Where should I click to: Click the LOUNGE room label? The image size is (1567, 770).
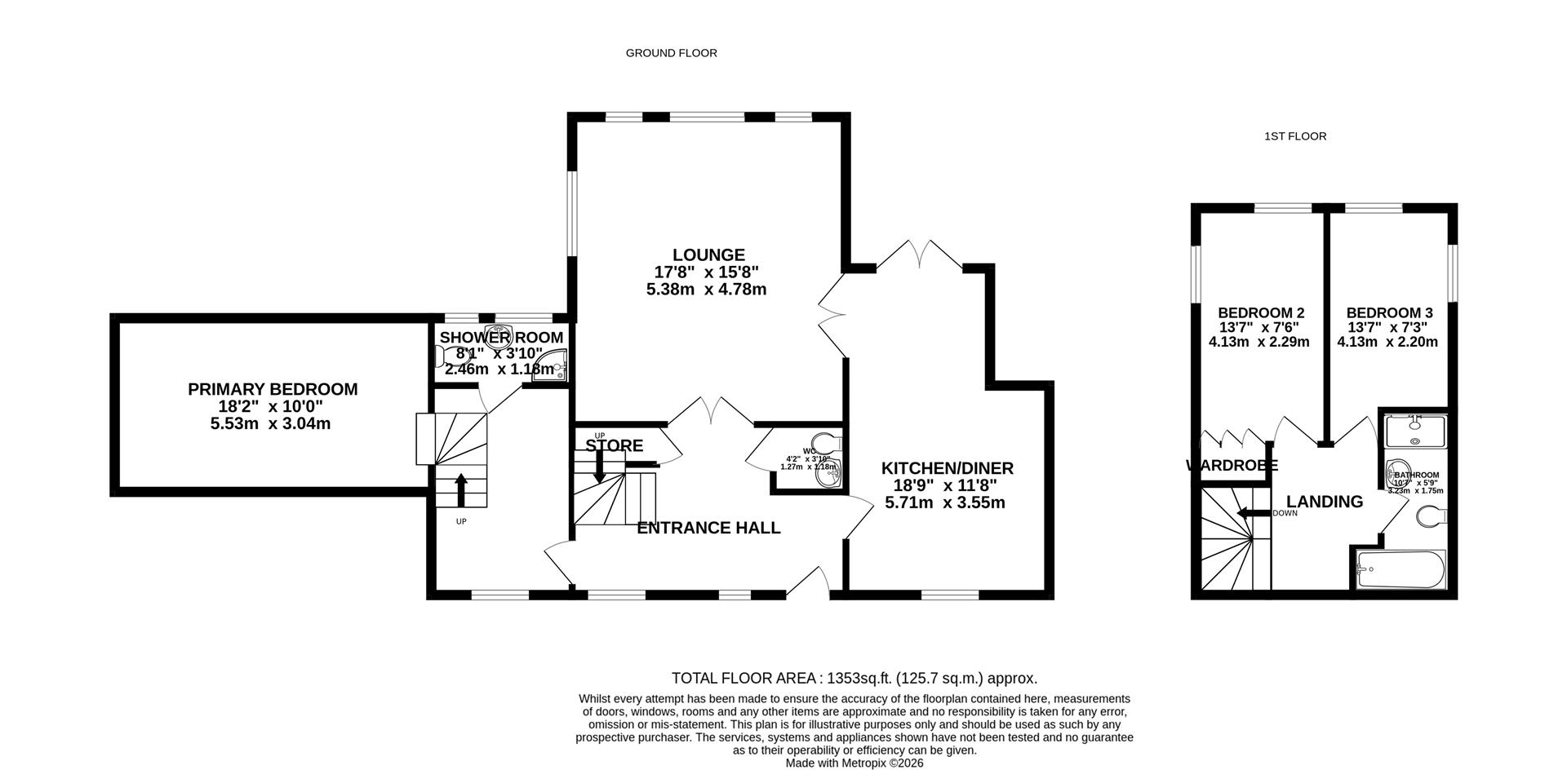708,255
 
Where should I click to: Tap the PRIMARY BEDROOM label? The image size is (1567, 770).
273,390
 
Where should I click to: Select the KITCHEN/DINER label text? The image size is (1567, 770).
947,468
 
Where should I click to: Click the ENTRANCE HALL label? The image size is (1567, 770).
708,528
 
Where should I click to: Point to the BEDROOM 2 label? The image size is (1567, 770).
1260,313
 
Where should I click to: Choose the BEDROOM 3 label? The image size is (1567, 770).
1389,313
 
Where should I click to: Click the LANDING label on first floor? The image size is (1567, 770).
1324,502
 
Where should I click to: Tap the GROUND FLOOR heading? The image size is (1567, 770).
671,53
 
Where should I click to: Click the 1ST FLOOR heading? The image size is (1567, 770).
1294,136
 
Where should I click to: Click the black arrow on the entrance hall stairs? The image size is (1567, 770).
599,466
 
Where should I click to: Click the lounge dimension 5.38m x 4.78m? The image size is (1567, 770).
706,290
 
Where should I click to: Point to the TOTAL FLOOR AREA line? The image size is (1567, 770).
854,678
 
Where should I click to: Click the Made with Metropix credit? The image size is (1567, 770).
854,763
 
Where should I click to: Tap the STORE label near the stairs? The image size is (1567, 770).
614,446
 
